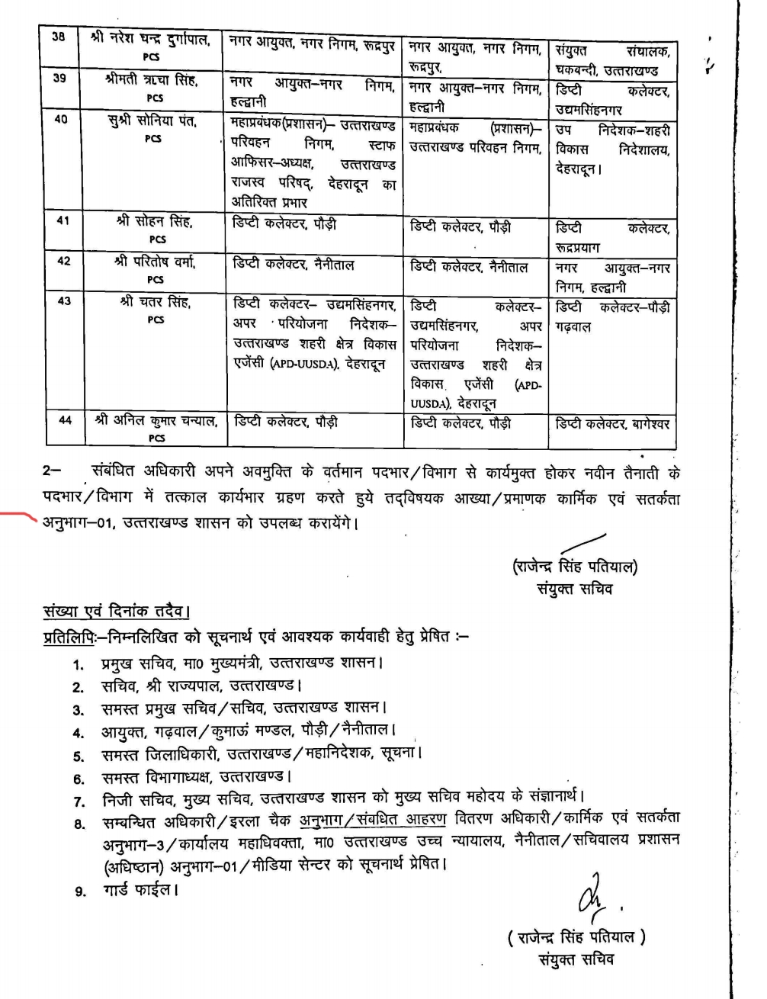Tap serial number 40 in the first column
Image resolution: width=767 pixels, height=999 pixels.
pos(61,119)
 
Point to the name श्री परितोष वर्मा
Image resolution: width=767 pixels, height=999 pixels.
pos(156,262)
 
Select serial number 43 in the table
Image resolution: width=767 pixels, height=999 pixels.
pos(63,301)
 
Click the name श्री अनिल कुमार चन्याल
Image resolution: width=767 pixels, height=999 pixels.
pos(156,420)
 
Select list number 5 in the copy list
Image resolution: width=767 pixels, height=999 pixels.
pos(79,756)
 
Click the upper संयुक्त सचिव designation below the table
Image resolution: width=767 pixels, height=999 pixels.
pos(575,589)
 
